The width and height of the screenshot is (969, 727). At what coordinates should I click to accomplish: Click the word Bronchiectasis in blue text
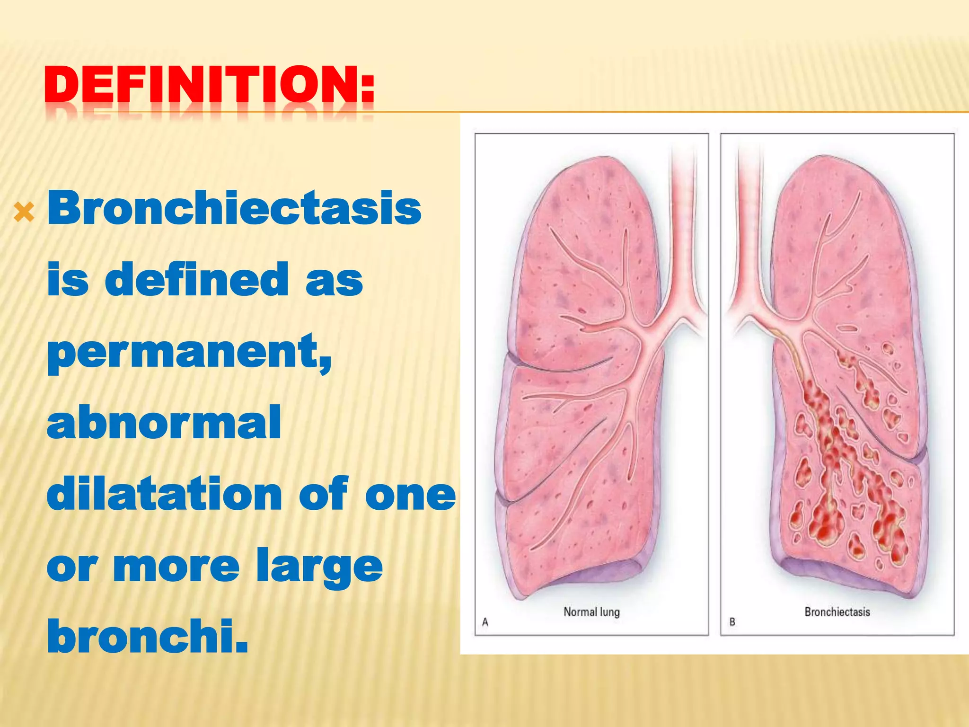point(234,208)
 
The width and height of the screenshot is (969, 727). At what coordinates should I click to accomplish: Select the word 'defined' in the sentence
point(196,280)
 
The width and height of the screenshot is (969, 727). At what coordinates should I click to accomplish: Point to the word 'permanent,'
point(189,352)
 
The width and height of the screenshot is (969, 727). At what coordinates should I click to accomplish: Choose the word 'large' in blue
point(319,567)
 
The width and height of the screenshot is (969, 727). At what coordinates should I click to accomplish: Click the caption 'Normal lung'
point(591,612)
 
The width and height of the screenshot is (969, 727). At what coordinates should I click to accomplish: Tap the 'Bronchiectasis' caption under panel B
point(837,612)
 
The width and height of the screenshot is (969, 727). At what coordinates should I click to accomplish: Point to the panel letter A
point(485,622)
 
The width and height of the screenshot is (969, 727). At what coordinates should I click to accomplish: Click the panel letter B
point(732,622)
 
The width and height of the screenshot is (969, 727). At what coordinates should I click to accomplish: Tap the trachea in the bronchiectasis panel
point(749,213)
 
